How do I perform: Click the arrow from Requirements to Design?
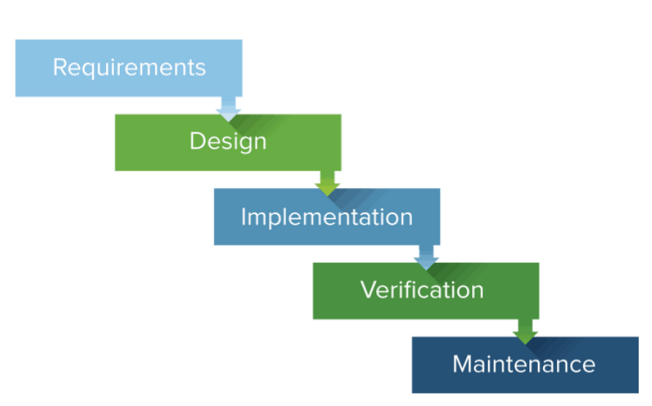point(229,109)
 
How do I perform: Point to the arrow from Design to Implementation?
point(328,183)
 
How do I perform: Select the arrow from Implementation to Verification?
point(426,256)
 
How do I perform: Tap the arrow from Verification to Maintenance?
point(525,331)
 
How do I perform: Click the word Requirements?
point(129,68)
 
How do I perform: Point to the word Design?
point(228,141)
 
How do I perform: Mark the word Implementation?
point(327,216)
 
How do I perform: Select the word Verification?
point(422,290)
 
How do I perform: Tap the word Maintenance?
point(523,364)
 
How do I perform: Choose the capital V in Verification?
point(368,290)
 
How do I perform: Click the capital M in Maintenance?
point(462,364)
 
